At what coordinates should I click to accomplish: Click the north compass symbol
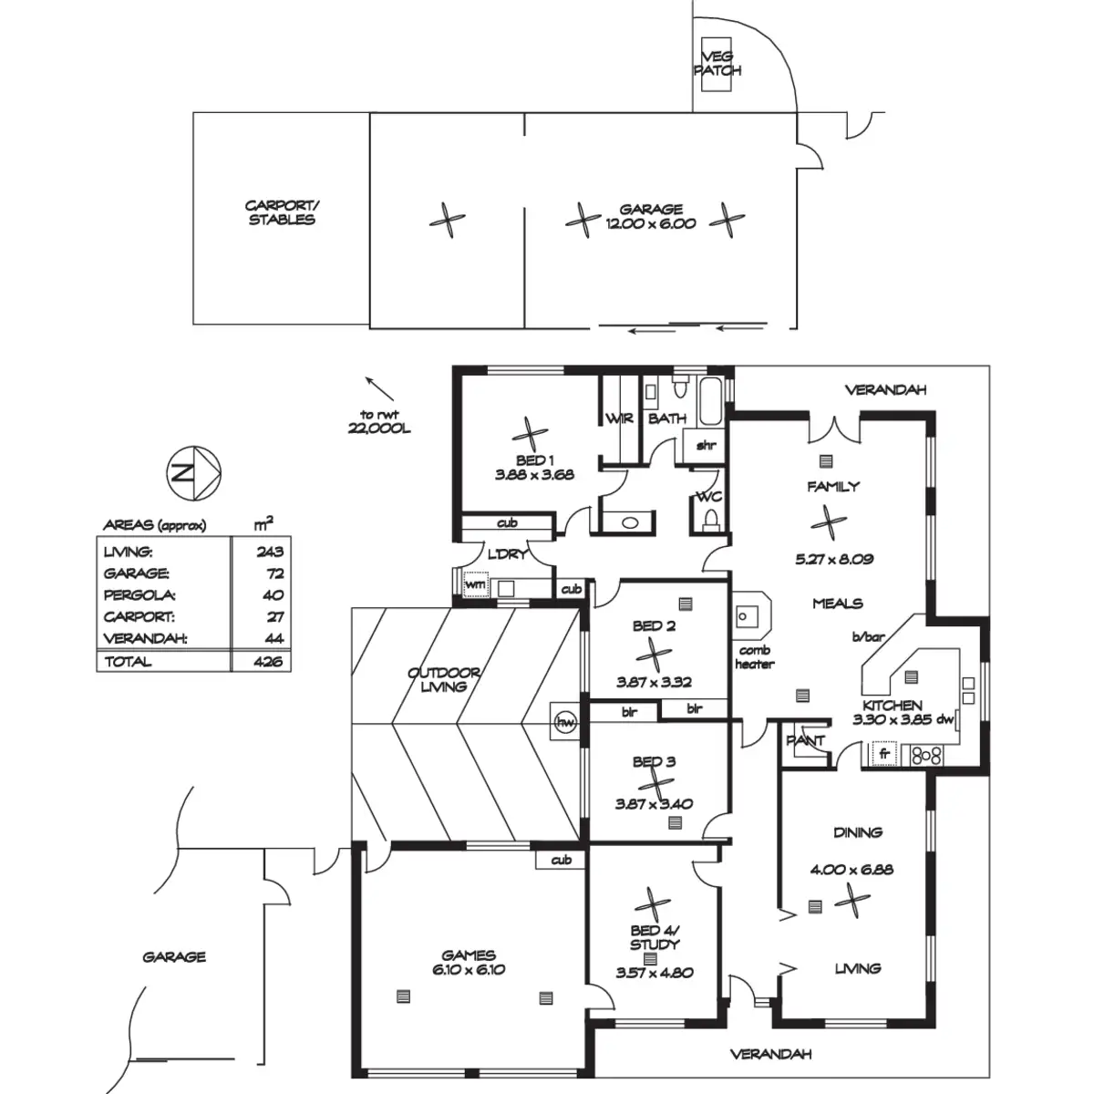(x=193, y=473)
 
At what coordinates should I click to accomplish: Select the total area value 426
(x=269, y=661)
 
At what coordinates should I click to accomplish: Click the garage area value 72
(x=275, y=573)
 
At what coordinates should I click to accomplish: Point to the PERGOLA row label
(x=139, y=595)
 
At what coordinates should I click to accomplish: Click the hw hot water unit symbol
(x=564, y=722)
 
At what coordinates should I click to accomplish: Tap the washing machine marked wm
(x=475, y=584)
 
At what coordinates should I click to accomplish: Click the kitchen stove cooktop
(x=925, y=756)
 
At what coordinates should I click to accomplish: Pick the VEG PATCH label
(x=717, y=63)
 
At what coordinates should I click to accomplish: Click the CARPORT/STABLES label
(x=282, y=212)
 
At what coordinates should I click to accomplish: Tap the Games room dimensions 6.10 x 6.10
(x=469, y=970)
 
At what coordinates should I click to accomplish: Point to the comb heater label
(x=755, y=656)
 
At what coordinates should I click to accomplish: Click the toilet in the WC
(x=710, y=519)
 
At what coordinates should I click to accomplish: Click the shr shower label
(x=706, y=445)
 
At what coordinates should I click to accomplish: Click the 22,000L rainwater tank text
(x=378, y=429)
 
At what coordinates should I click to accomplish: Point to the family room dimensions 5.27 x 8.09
(x=834, y=559)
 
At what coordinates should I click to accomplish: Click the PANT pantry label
(x=805, y=740)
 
